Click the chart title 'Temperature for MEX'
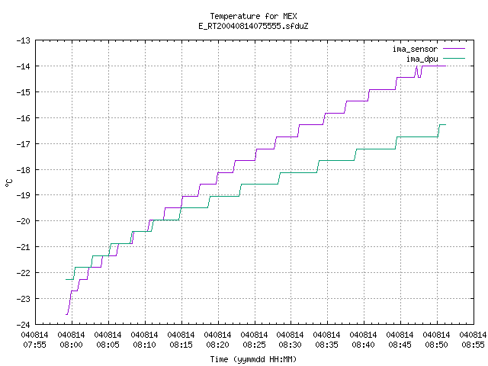pyautogui.click(x=253, y=16)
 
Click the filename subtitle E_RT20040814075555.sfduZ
pyautogui.click(x=253, y=26)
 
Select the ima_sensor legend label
pyautogui.click(x=415, y=49)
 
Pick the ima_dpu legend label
pyautogui.click(x=422, y=59)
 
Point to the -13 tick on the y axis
pyautogui.click(x=24, y=40)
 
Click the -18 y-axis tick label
pyautogui.click(x=24, y=169)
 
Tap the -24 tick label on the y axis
pyautogui.click(x=24, y=325)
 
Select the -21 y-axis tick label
pyautogui.click(x=24, y=247)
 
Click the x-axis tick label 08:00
pyautogui.click(x=71, y=345)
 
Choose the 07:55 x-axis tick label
pyautogui.click(x=34, y=345)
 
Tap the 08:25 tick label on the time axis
pyautogui.click(x=254, y=345)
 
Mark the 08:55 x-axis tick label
pyautogui.click(x=473, y=345)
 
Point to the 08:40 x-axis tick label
pyautogui.click(x=363, y=345)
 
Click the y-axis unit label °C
pyautogui.click(x=9, y=183)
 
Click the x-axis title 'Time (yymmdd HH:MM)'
pyautogui.click(x=253, y=359)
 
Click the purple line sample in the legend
pyautogui.click(x=454, y=49)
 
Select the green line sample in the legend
pyautogui.click(x=454, y=58)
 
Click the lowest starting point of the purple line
pyautogui.click(x=66, y=315)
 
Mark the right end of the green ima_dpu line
pyautogui.click(x=445, y=125)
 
